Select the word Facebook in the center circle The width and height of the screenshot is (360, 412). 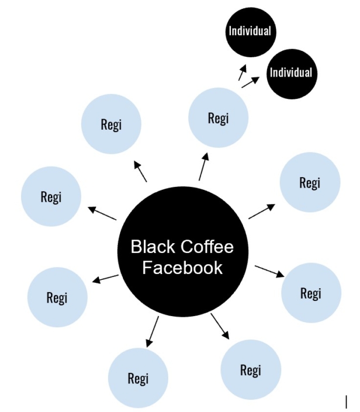(182, 268)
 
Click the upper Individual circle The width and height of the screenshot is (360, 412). (250, 31)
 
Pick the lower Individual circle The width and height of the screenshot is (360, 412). (290, 74)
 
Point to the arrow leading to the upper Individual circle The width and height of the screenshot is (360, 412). (241, 72)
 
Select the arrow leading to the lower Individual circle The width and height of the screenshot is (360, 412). (250, 82)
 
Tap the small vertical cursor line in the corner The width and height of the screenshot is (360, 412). (346, 401)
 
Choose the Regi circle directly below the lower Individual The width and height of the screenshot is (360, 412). (310, 182)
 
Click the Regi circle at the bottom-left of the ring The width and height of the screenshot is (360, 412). (138, 378)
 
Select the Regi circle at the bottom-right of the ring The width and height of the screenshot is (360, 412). (250, 369)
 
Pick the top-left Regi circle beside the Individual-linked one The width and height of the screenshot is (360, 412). (111, 124)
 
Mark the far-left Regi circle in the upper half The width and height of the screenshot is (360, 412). (51, 197)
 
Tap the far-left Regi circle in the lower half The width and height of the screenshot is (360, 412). (57, 297)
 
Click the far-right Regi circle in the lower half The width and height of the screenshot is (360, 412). (310, 293)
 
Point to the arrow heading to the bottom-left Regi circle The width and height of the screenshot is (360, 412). (153, 331)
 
